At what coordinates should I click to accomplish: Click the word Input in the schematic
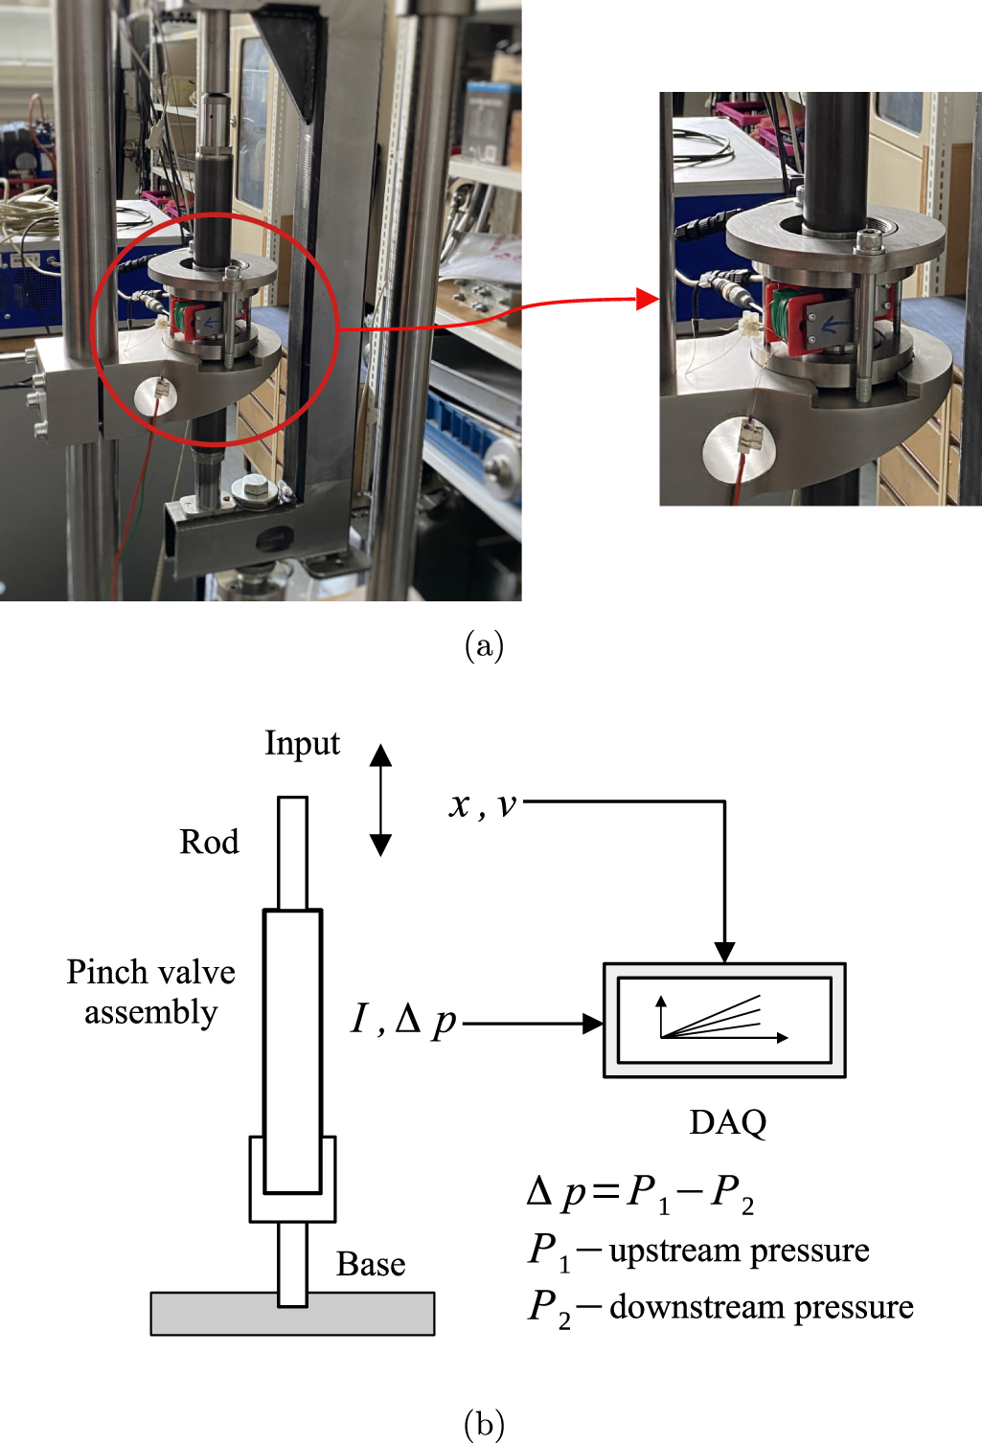click(x=302, y=744)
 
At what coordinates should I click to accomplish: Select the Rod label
click(x=209, y=843)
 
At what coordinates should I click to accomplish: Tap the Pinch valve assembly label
click(x=150, y=992)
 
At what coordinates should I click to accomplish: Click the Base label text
click(x=371, y=1264)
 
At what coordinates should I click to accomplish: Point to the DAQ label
click(x=727, y=1122)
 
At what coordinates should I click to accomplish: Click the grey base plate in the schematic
click(x=292, y=1314)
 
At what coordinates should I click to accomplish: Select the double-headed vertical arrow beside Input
click(x=380, y=800)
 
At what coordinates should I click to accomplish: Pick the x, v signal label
click(x=483, y=805)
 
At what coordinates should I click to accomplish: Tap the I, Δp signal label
click(x=403, y=1020)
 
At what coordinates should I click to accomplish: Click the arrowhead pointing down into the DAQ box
click(x=724, y=952)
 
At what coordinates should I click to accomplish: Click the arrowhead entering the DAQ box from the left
click(x=593, y=1024)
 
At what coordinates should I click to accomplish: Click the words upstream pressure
click(x=739, y=1251)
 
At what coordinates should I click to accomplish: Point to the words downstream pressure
click(x=761, y=1307)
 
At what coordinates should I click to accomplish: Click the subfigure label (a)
click(x=484, y=646)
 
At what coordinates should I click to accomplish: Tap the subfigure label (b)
click(x=484, y=1424)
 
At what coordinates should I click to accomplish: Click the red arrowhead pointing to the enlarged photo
click(x=648, y=300)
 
